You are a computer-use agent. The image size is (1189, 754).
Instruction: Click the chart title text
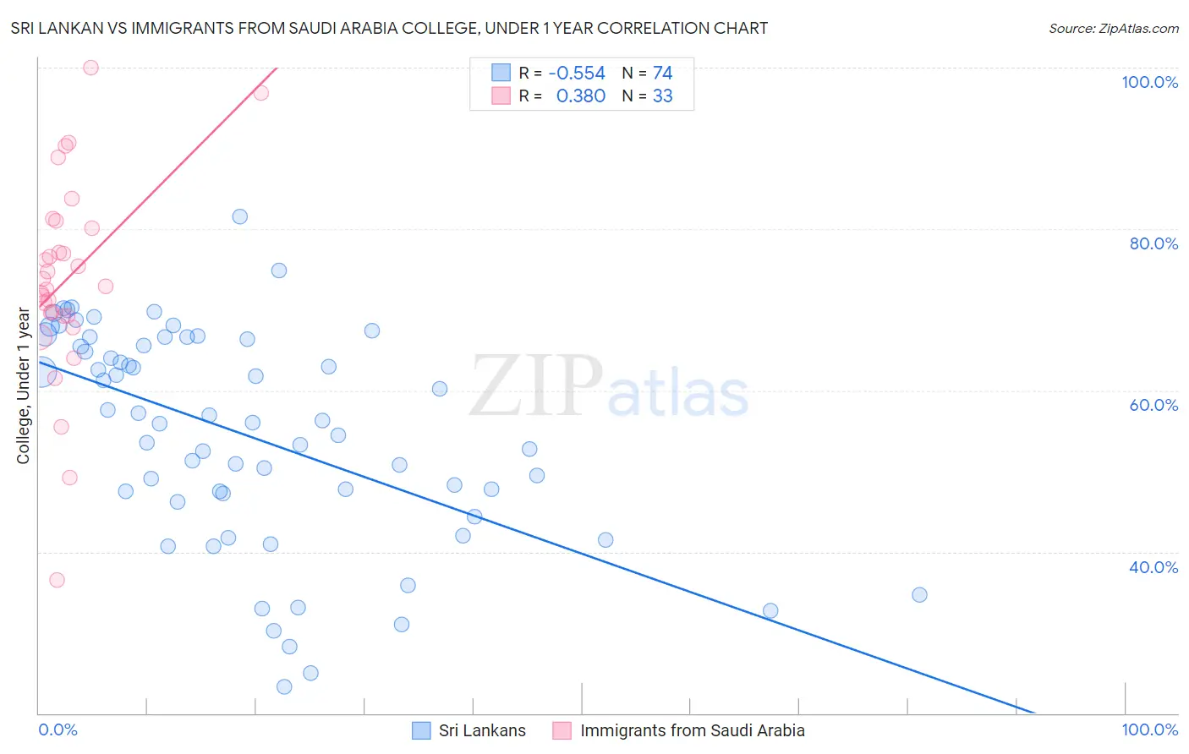(x=389, y=28)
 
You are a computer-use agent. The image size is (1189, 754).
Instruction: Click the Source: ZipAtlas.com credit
(x=1113, y=29)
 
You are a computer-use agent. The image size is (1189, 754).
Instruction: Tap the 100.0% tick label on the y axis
(x=1149, y=82)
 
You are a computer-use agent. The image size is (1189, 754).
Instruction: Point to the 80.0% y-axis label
(x=1153, y=243)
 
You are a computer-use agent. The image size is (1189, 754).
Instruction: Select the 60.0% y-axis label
(x=1153, y=405)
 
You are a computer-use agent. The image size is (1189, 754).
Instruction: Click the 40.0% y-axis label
(x=1153, y=567)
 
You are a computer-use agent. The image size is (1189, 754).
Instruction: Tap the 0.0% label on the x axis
(x=58, y=730)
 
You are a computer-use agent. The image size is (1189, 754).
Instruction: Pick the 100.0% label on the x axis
(x=1149, y=730)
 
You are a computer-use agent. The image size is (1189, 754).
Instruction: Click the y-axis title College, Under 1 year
(x=24, y=386)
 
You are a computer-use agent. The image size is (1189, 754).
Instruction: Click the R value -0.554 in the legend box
(x=577, y=74)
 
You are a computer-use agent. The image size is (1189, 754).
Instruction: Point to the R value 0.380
(x=581, y=96)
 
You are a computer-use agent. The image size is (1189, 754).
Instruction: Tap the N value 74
(x=662, y=74)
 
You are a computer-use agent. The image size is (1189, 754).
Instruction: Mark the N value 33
(x=662, y=96)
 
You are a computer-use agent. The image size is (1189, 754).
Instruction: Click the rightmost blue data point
(x=919, y=595)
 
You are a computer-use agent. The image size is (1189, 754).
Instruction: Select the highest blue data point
(x=240, y=216)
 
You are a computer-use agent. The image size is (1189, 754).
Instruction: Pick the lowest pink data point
(x=57, y=580)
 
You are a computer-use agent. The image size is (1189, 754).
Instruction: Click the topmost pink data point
(x=90, y=68)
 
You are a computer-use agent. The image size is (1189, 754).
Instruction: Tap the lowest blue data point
(x=284, y=687)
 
